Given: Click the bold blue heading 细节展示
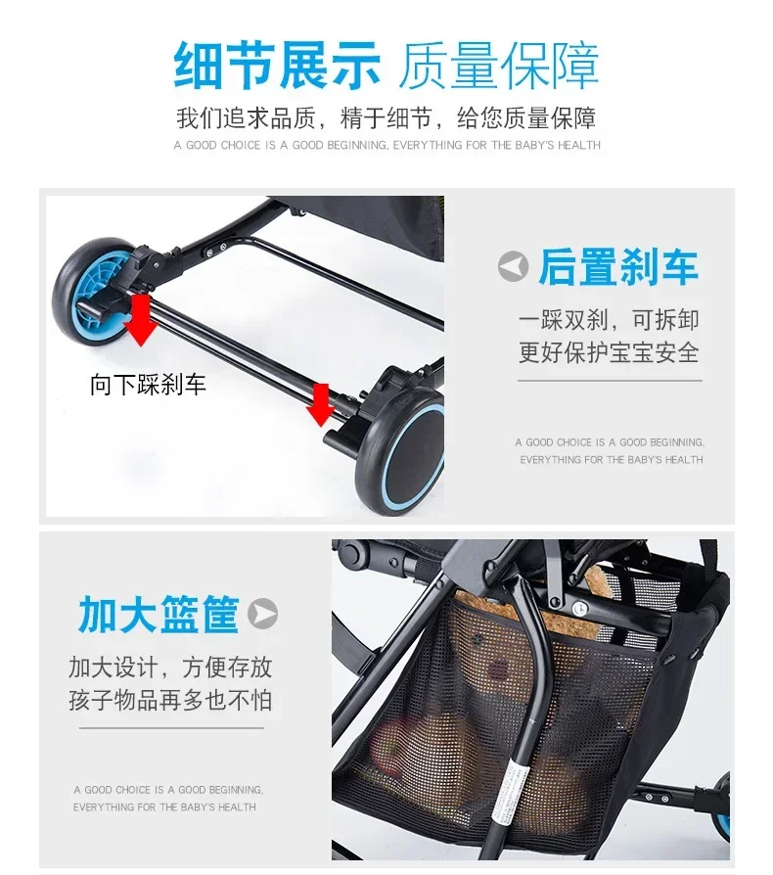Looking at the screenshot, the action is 277,66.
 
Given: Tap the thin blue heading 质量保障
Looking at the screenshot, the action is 499,66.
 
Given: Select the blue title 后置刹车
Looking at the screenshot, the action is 618,267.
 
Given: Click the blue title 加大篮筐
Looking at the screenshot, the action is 159,615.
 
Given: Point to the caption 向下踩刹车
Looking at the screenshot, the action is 149,385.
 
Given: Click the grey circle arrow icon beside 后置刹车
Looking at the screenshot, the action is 513,267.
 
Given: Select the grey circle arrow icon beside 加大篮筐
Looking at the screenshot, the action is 262,614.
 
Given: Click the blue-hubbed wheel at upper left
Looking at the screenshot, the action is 95,293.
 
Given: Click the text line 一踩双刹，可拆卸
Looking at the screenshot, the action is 609,320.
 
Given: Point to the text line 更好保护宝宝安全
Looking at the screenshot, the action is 609,352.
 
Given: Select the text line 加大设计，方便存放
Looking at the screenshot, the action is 170,667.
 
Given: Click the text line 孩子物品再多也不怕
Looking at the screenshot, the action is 170,700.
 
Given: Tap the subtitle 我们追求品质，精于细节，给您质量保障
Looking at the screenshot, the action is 386,117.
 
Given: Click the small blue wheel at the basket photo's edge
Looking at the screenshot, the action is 723,806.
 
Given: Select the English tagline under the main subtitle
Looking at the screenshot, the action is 387,145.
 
